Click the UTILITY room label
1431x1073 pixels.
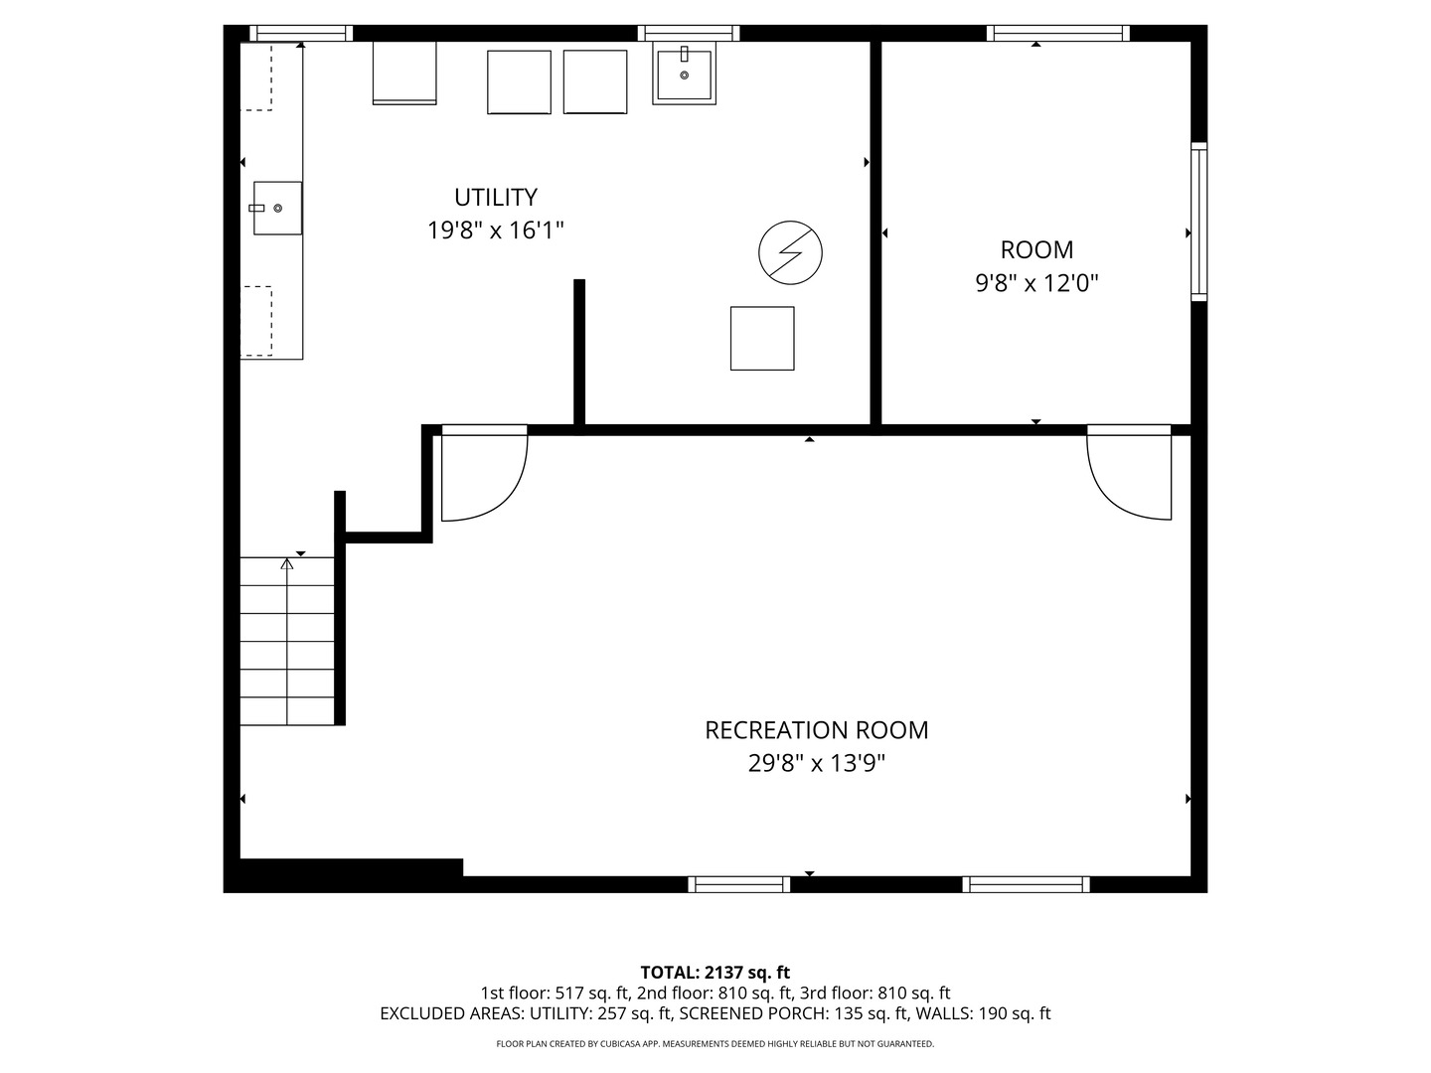496,197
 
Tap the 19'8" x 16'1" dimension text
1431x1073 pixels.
496,230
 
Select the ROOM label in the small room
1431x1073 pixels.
1036,249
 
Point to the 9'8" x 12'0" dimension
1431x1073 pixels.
1036,283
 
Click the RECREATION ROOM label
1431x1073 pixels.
816,730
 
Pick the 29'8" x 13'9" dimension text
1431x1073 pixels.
816,763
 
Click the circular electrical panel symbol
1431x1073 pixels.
790,252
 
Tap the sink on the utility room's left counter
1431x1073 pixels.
277,208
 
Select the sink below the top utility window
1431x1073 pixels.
684,73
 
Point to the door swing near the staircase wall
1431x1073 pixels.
484,474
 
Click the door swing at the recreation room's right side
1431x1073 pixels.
1129,473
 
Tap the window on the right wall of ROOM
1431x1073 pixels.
1198,222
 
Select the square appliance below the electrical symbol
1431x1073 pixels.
762,338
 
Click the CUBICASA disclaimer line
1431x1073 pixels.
715,1043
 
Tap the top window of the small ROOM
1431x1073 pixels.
1057,33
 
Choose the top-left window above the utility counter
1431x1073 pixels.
300,33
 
